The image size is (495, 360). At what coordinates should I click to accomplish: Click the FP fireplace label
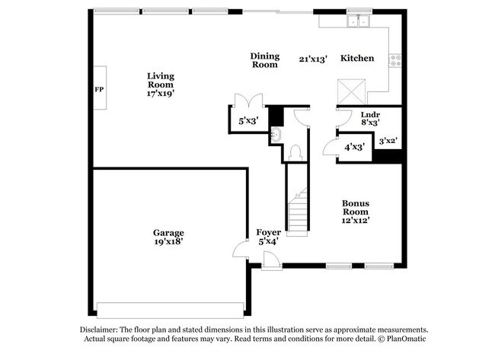[x=98, y=90]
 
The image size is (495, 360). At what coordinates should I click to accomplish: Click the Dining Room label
[x=265, y=60]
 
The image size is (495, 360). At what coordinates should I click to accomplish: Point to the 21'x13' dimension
[x=313, y=59]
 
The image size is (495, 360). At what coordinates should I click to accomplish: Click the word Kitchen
[x=356, y=59]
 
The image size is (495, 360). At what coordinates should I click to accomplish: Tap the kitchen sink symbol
[x=356, y=22]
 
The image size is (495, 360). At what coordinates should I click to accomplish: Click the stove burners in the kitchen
[x=395, y=59]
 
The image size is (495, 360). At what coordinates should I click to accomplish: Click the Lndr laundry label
[x=370, y=113]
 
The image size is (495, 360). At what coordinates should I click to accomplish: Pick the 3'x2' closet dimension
[x=389, y=139]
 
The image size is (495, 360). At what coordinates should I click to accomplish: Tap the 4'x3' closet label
[x=354, y=146]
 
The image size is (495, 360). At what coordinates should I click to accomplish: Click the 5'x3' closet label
[x=249, y=120]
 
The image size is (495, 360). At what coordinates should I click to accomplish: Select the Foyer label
[x=268, y=232]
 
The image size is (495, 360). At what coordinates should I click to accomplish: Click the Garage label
[x=168, y=233]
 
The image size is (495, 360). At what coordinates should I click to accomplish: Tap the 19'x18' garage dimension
[x=168, y=242]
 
